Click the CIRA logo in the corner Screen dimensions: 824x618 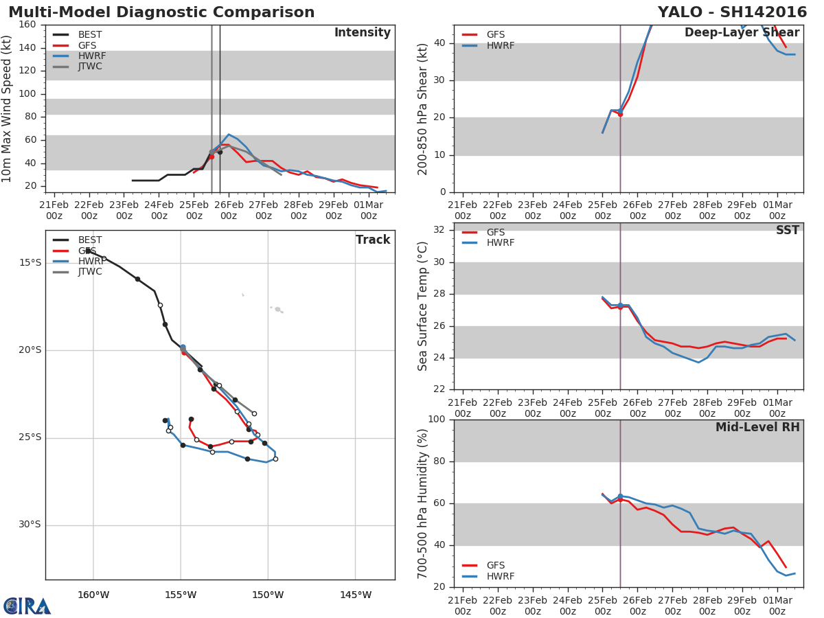27,606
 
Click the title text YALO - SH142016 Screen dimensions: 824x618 732,12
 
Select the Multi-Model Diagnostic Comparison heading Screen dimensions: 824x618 161,12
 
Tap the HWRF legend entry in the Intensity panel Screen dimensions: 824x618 80,56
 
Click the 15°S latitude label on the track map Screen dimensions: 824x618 30,263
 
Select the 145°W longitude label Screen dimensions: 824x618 356,595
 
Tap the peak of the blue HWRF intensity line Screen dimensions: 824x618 229,135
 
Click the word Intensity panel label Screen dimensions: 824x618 363,33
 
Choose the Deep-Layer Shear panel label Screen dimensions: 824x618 742,33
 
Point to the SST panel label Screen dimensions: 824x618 788,230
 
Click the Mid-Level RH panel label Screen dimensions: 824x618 757,427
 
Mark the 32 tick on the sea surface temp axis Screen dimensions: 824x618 439,229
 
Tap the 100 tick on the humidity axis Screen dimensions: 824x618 437,419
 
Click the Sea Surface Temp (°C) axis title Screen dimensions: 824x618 422,306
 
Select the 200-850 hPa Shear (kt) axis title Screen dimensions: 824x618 422,109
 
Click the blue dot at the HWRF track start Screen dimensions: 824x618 183,347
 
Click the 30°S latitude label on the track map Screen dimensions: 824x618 30,525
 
